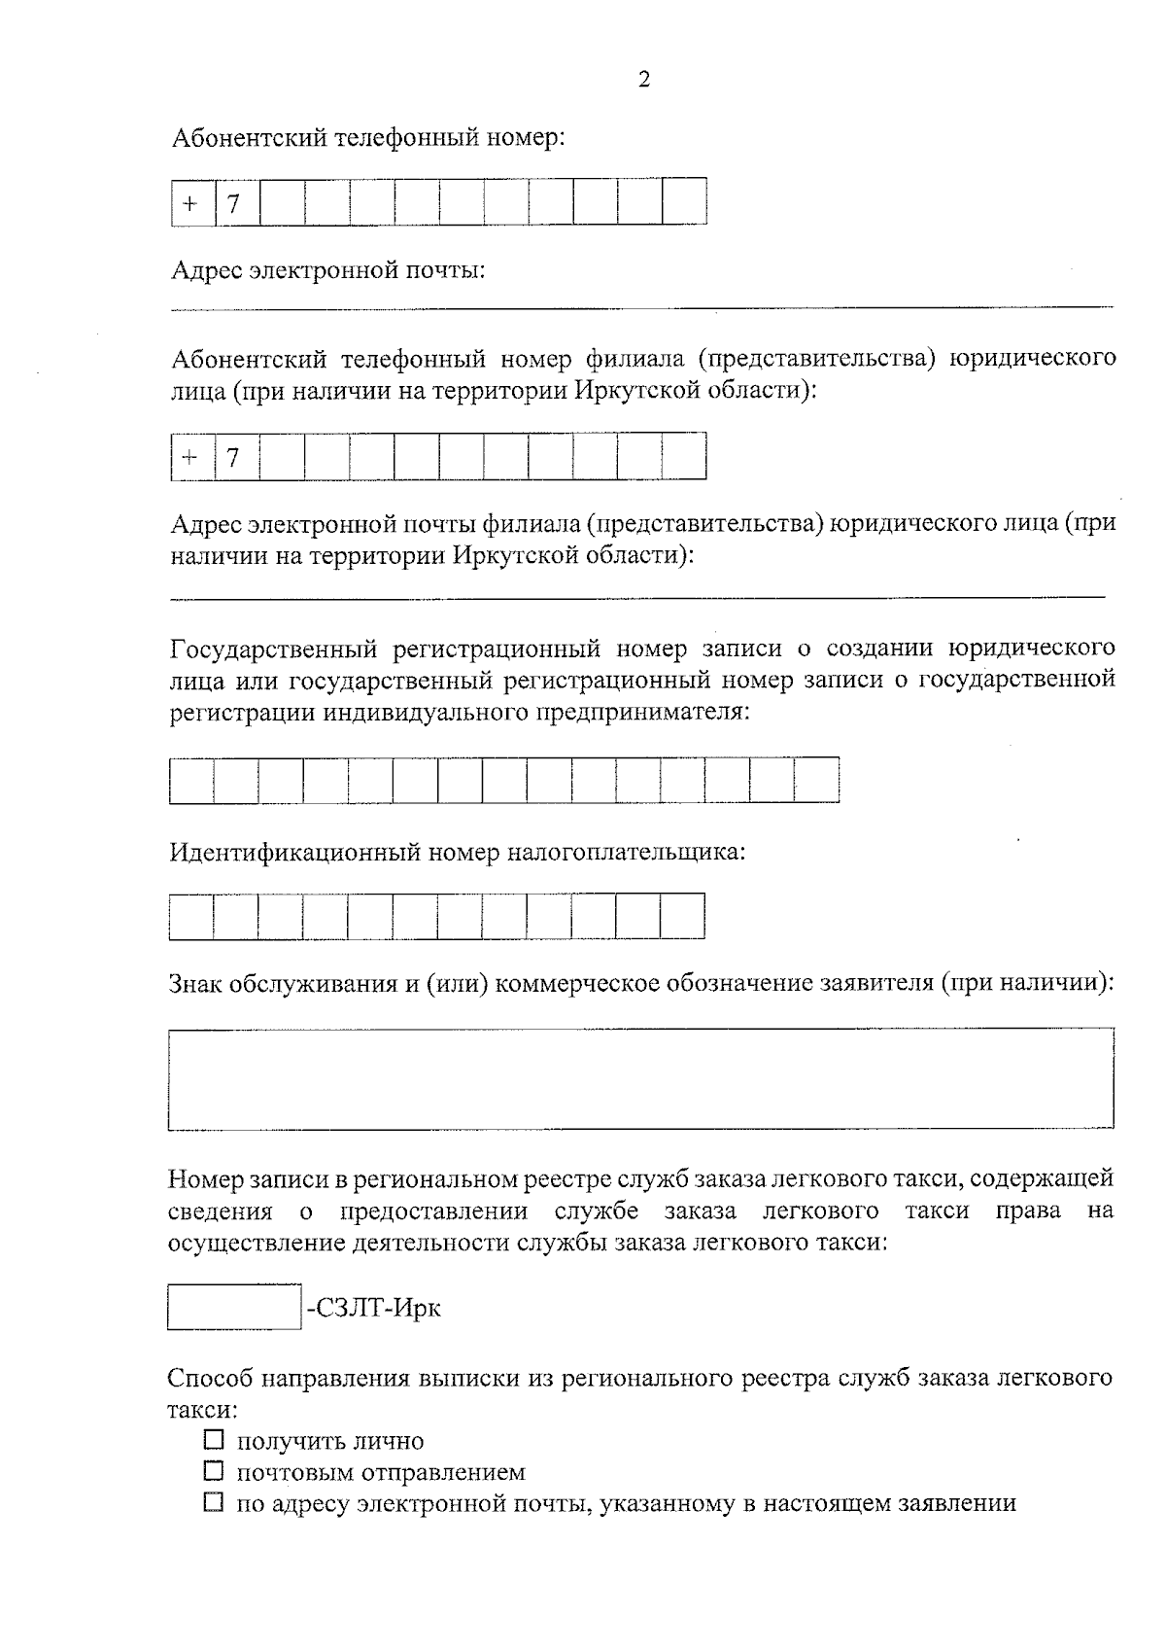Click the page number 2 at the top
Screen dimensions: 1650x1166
coord(643,80)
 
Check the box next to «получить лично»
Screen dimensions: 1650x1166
coord(214,1439)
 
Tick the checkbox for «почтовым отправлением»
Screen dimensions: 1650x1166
coord(214,1470)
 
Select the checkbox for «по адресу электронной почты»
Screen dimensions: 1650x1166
coord(214,1502)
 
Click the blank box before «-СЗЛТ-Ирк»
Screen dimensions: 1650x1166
coord(233,1307)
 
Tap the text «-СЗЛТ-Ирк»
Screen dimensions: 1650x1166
coord(374,1308)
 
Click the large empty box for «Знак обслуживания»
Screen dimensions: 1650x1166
coord(640,1078)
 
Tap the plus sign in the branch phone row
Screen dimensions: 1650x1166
coord(191,457)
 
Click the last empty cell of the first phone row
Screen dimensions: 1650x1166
coord(684,202)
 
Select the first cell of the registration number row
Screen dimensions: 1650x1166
coord(191,780)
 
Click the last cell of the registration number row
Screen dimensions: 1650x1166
coord(816,780)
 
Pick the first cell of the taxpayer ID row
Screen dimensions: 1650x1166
coord(190,916)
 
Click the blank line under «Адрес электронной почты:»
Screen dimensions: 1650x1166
coord(640,305)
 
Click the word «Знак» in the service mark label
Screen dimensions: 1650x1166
coord(195,983)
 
